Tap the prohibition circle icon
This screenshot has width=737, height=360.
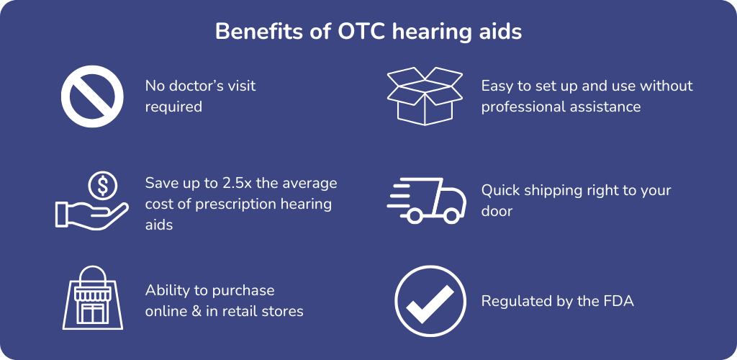92,96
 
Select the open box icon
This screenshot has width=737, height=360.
425,96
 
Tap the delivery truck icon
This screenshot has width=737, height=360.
426,201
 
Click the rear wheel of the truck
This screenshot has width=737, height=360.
414,216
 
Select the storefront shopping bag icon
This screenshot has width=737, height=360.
93,297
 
